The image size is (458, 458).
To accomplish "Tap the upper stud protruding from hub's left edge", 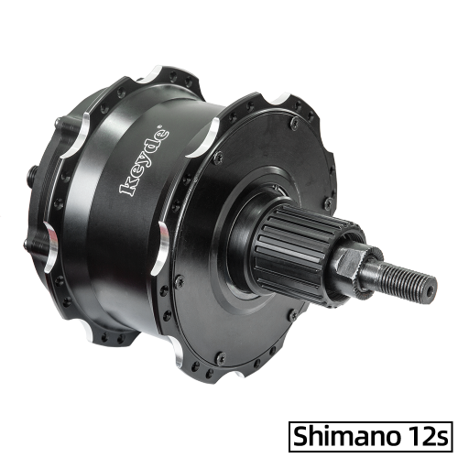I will pyautogui.click(x=36, y=169).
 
